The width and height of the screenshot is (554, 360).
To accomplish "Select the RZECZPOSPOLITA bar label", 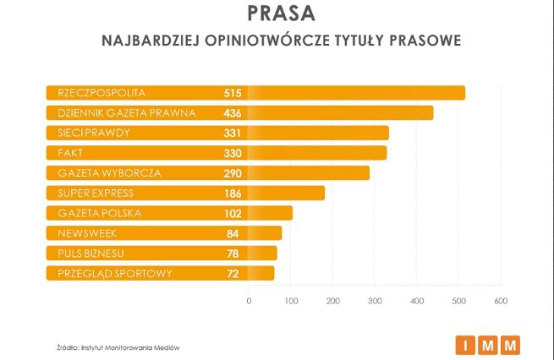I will coord(101,92).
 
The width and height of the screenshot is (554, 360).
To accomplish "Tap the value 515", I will coord(233,92).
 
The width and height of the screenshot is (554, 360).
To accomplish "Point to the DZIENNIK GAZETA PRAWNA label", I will coord(127,112).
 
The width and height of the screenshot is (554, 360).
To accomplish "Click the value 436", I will coord(233,112).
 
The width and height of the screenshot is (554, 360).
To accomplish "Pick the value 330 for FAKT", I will coord(233,153).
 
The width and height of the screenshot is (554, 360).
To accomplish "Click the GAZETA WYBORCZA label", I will coord(109,173).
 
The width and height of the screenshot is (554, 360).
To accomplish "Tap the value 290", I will coord(233,173).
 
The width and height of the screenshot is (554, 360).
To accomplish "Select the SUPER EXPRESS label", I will coord(96,193).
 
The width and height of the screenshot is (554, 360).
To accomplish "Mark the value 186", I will coord(233,193).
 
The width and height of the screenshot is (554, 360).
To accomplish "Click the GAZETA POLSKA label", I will coord(99,213).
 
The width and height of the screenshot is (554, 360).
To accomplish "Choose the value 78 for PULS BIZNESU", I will coord(234,253).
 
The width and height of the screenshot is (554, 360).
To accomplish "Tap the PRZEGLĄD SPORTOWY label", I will coord(115,273).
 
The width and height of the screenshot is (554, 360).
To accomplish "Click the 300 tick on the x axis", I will coord(375,301).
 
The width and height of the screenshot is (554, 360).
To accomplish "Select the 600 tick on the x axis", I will coord(499,301).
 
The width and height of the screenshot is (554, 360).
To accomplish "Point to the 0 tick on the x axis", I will coord(249,301).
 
